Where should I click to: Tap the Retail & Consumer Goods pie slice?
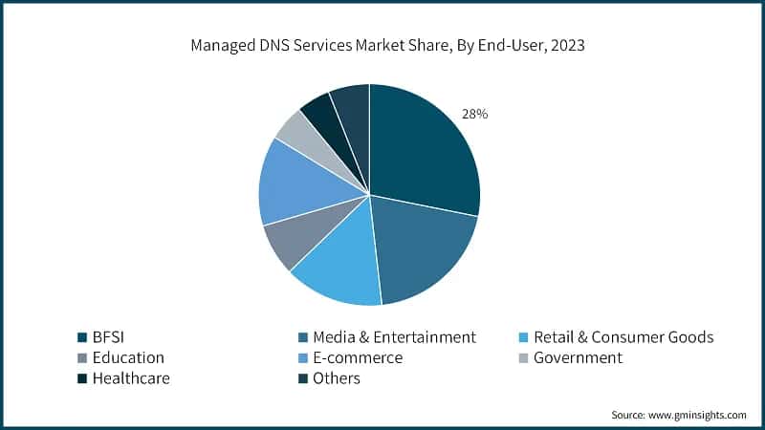(x=339, y=268)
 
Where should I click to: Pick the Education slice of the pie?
(x=292, y=239)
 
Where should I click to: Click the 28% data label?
(x=474, y=114)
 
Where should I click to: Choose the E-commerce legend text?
(x=360, y=357)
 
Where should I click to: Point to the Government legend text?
(x=578, y=357)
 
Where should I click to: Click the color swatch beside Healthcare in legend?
(x=82, y=378)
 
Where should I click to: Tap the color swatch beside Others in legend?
(x=303, y=378)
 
